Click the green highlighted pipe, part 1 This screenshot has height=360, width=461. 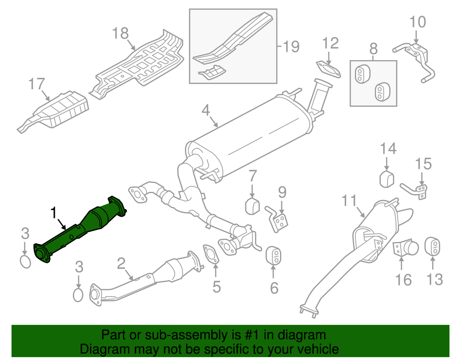(82, 231)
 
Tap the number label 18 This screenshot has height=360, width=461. (121, 33)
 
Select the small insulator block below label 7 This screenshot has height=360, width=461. (253, 206)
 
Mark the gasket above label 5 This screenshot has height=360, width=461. (210, 253)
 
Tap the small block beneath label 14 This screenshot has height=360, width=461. (387, 179)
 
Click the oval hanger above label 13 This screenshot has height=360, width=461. (433, 246)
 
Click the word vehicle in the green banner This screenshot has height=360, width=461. (317, 349)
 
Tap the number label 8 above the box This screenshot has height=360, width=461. (374, 48)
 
